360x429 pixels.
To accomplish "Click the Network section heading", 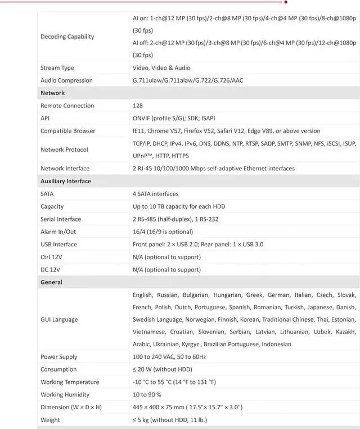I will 52,93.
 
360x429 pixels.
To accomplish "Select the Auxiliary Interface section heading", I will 65,181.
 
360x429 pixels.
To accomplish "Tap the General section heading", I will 51,282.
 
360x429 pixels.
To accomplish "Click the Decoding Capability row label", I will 67,37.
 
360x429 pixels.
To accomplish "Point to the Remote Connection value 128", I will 138,106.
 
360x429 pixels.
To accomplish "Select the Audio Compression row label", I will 66,80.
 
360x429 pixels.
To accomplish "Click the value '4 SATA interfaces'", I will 156,194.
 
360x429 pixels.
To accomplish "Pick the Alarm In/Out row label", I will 58,232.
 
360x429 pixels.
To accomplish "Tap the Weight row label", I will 50,419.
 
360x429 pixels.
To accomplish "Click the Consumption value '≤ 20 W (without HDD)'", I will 163,369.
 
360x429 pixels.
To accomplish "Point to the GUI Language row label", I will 59,319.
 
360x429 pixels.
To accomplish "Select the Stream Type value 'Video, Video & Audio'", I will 163,68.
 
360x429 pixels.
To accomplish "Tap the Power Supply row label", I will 59,357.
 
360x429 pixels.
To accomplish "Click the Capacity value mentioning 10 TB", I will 179,206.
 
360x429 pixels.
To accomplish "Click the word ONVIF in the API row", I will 141,118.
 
